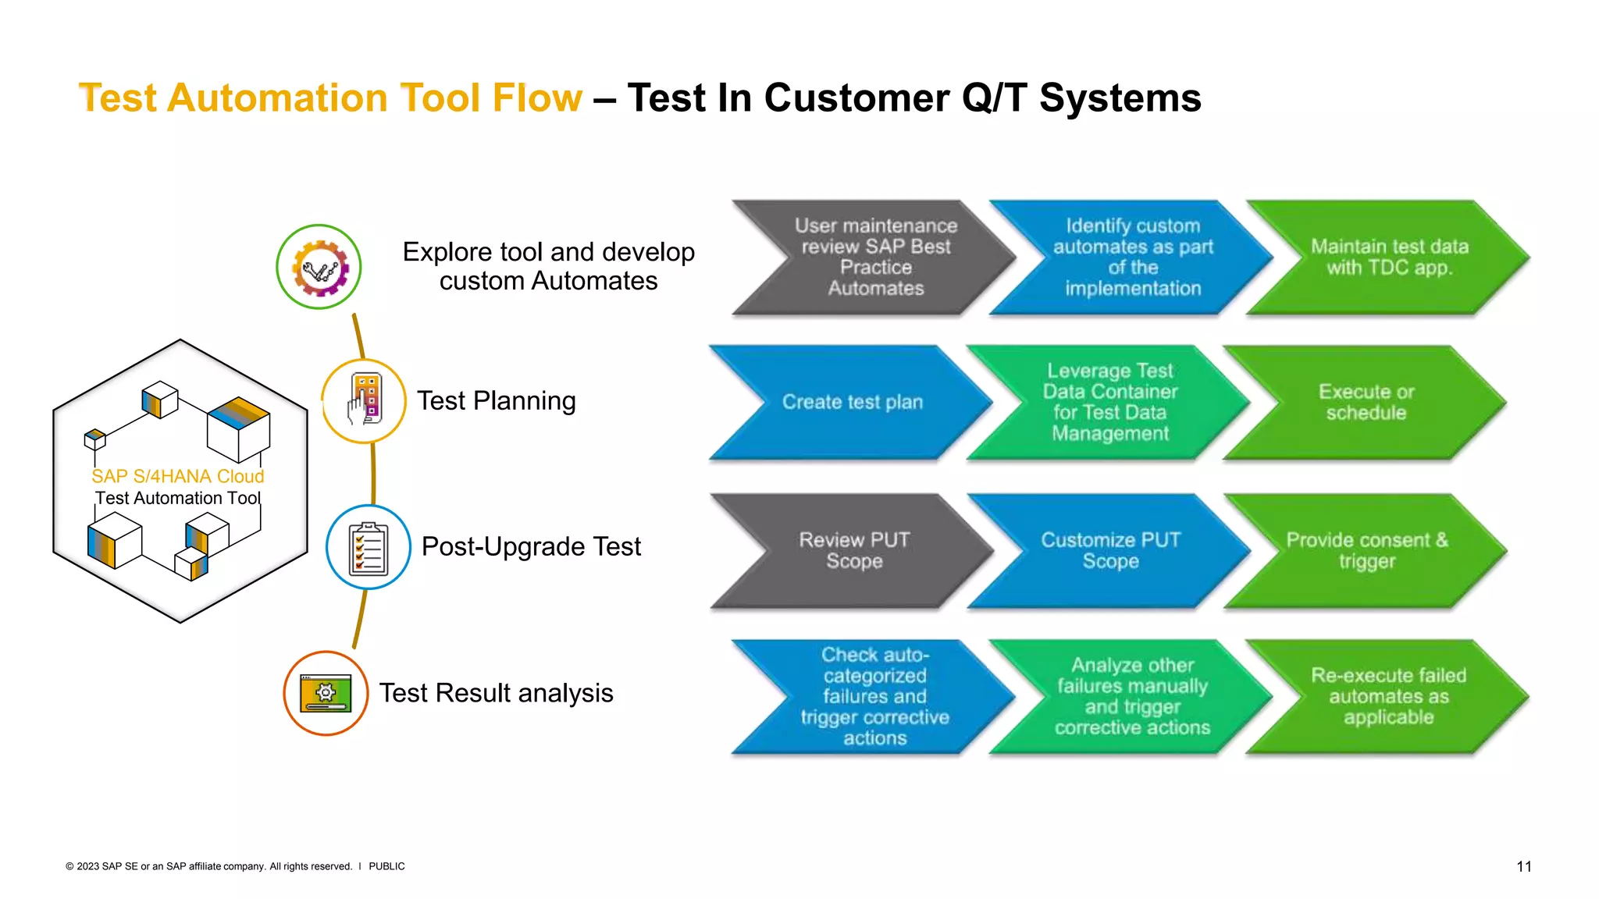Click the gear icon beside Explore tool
(319, 268)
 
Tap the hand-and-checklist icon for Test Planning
(365, 400)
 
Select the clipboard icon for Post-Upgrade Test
(368, 548)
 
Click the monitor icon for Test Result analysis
(326, 693)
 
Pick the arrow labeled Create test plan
(852, 402)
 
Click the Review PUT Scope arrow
(853, 550)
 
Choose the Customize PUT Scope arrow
(1109, 550)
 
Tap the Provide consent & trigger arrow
(1366, 550)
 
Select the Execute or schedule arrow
(1366, 402)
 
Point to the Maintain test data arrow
(1389, 258)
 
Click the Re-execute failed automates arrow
(1388, 696)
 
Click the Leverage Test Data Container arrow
(1109, 402)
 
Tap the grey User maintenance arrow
(875, 258)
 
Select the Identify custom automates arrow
(1132, 258)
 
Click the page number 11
(1523, 866)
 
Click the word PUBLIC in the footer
(386, 866)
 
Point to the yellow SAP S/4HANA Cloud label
(178, 476)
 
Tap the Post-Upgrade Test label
(531, 546)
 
